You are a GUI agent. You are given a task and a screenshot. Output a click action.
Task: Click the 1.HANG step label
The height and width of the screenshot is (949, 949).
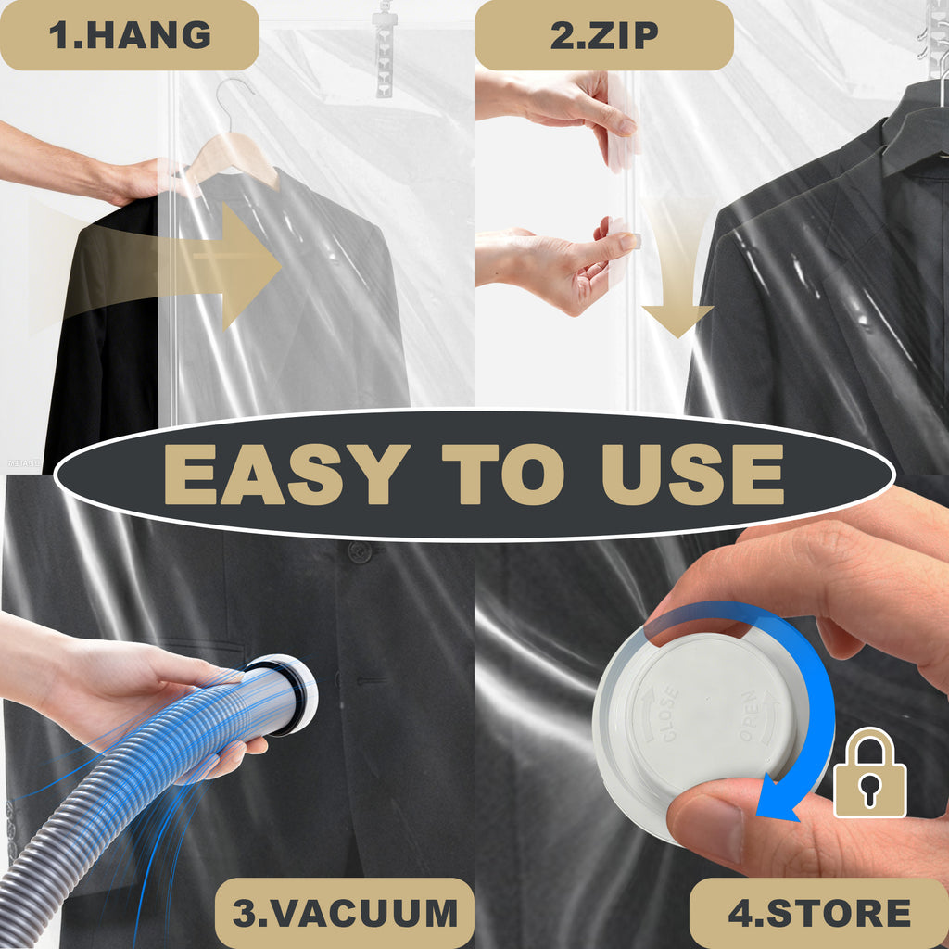click(x=130, y=35)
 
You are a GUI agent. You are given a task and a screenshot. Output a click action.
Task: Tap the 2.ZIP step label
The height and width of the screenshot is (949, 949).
click(x=604, y=35)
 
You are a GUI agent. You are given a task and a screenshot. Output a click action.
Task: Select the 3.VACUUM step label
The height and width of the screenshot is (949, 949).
click(x=345, y=913)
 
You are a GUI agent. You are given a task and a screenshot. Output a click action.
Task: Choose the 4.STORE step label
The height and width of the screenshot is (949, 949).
click(x=819, y=913)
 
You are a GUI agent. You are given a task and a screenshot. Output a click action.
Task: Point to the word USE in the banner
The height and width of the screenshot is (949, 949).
click(x=693, y=474)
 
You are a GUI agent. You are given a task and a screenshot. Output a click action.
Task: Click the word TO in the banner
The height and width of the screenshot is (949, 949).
click(x=503, y=474)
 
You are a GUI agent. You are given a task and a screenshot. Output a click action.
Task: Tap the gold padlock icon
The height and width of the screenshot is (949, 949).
click(x=869, y=773)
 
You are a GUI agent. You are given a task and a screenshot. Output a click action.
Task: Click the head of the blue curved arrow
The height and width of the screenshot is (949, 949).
click(x=777, y=799)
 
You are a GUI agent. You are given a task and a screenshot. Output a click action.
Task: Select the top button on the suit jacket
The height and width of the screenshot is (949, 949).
click(x=360, y=551)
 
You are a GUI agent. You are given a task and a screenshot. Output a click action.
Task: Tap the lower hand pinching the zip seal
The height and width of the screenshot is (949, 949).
click(x=554, y=266)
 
